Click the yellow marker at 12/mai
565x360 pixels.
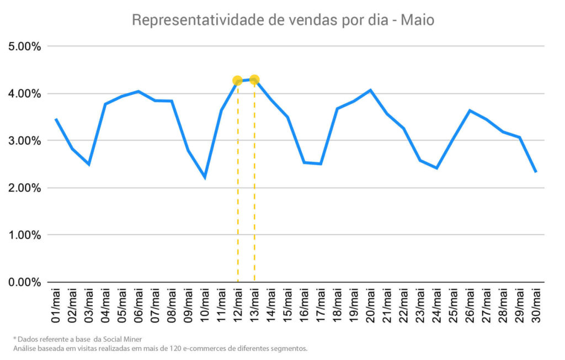click(237, 81)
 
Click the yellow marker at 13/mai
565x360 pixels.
click(254, 80)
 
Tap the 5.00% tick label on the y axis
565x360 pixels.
click(24, 46)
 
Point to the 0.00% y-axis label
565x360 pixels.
click(24, 282)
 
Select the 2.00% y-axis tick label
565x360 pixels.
click(24, 188)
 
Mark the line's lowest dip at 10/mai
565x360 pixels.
click(205, 177)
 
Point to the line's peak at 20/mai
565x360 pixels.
click(370, 90)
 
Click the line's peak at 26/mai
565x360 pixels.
click(470, 110)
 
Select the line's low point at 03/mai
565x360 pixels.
click(89, 164)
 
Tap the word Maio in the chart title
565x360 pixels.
click(417, 21)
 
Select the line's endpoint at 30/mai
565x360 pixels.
click(536, 172)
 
